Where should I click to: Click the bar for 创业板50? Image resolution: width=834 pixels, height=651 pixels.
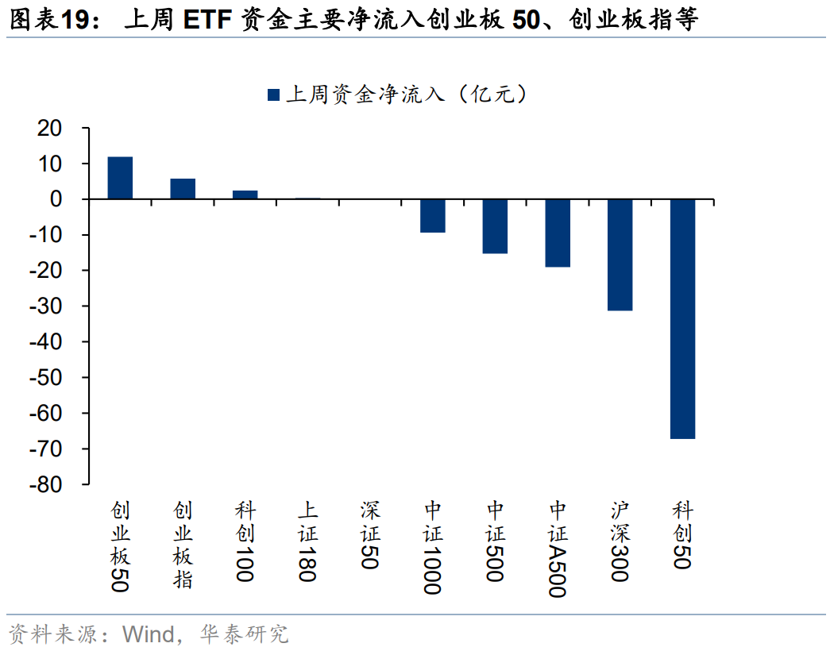pyautogui.click(x=120, y=178)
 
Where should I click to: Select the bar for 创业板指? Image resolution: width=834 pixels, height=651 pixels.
pyautogui.click(x=183, y=189)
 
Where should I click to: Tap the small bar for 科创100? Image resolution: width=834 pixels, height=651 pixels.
pyautogui.click(x=245, y=195)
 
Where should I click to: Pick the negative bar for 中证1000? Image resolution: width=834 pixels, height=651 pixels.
pyautogui.click(x=433, y=216)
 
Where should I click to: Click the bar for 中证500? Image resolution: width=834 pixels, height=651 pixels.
pyautogui.click(x=495, y=226)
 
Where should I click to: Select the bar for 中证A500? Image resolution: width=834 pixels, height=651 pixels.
pyautogui.click(x=558, y=233)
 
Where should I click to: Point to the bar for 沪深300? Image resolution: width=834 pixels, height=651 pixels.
pyautogui.click(x=620, y=255)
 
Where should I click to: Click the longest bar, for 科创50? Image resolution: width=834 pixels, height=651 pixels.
pyautogui.click(x=682, y=318)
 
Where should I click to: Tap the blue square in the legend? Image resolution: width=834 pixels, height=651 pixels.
pyautogui.click(x=274, y=95)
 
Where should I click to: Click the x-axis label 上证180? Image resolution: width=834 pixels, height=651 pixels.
pyautogui.click(x=307, y=541)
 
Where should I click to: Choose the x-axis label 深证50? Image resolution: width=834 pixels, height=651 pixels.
pyautogui.click(x=370, y=535)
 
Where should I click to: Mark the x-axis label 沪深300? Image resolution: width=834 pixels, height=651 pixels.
pyautogui.click(x=620, y=541)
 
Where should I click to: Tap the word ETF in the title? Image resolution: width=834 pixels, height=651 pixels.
pyautogui.click(x=206, y=20)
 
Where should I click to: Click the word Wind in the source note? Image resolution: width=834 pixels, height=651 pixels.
pyautogui.click(x=148, y=634)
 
